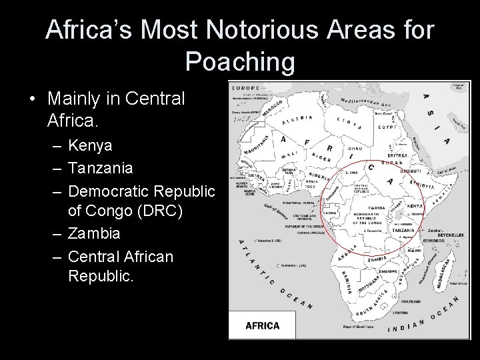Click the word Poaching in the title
[240, 61]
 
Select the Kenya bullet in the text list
[90, 145]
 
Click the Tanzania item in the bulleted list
[101, 168]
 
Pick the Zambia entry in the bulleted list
[94, 233]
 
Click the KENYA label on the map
[413, 207]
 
